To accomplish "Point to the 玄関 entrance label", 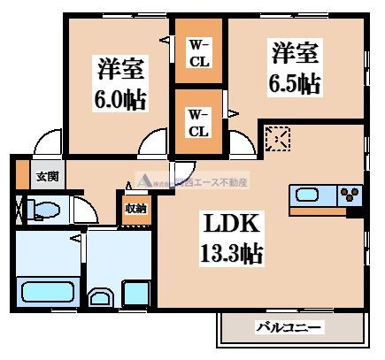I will pos(45,175).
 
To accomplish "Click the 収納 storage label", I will pos(135,209).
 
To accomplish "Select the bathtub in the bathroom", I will pos(47,291).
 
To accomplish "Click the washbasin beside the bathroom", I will pos(102,297).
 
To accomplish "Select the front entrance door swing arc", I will pos(42,142).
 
